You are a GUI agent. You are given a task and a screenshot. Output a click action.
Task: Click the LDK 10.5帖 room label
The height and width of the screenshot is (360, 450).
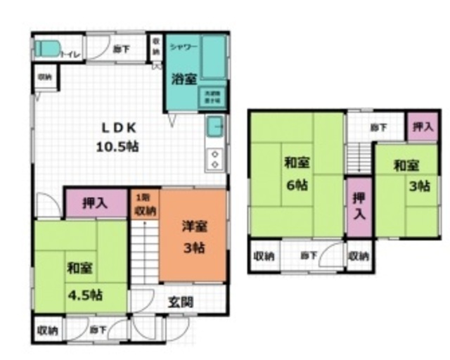tap(117, 137)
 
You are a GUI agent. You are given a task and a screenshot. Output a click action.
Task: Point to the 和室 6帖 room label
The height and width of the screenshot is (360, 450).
tap(295, 174)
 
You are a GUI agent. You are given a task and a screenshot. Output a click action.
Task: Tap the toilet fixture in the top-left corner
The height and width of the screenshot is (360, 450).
tap(48, 50)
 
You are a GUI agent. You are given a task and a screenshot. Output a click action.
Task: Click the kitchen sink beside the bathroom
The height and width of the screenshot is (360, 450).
tap(215, 129)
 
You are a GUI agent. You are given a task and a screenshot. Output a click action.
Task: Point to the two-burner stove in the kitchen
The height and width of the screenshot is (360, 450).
tap(215, 159)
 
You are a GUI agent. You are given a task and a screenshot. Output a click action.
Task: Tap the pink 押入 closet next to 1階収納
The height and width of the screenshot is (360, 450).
tap(96, 204)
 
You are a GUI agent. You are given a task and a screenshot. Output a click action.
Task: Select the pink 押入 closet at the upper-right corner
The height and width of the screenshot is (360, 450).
tap(421, 127)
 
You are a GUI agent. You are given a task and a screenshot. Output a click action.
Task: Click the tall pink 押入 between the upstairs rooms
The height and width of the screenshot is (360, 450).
tap(359, 205)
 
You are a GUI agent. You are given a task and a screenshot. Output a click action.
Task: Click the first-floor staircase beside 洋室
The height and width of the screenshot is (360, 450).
tap(145, 253)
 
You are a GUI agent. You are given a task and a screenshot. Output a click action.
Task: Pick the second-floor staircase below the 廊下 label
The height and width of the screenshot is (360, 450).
tap(359, 155)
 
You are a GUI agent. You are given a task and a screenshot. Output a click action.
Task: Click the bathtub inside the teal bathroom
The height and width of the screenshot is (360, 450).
tap(213, 58)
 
